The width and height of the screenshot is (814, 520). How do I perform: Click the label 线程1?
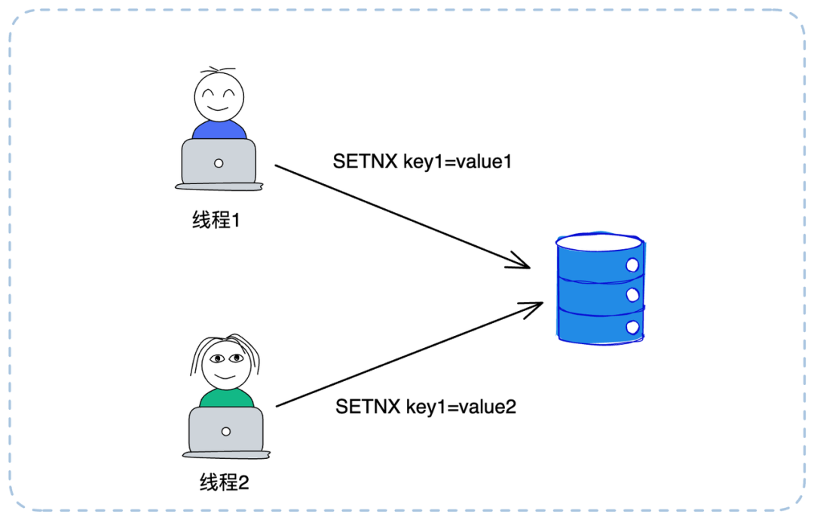coord(216,221)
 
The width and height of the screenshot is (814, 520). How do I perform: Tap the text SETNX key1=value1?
coord(422,162)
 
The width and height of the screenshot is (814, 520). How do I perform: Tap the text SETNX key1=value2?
coord(426,407)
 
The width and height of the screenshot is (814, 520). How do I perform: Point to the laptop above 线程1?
coord(218,163)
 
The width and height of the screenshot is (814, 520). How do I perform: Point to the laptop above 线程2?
coord(225,432)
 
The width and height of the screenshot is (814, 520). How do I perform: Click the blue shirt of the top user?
coord(219,130)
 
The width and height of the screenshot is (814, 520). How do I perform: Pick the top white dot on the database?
coord(632,266)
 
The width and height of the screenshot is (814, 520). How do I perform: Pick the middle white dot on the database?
coord(632,294)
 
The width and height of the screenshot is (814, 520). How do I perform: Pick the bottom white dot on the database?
coord(632,327)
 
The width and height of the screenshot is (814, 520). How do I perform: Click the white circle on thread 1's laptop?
coord(219,163)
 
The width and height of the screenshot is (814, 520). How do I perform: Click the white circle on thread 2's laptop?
coord(226,431)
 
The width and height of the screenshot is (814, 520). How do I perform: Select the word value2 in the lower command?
coord(490,407)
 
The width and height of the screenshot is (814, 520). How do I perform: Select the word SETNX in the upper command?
coord(357,162)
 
